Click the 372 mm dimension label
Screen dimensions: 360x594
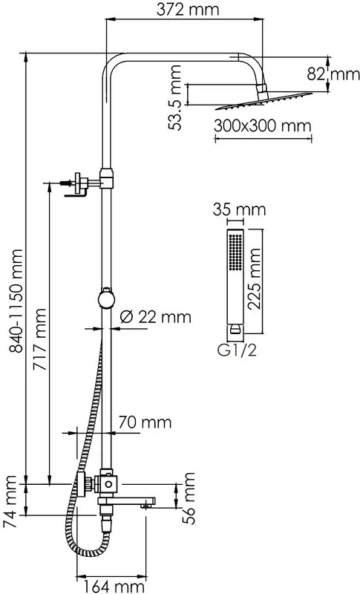pyautogui.click(x=187, y=9)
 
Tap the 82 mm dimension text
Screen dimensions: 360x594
pyautogui.click(x=333, y=74)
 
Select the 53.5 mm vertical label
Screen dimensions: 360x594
pyautogui.click(x=175, y=98)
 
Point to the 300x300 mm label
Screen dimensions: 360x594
pyautogui.click(x=262, y=125)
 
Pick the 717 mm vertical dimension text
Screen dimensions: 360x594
pyautogui.click(x=39, y=340)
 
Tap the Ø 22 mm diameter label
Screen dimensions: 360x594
pyautogui.click(x=156, y=317)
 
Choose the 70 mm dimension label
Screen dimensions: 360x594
pyautogui.click(x=145, y=422)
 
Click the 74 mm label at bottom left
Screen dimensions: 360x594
pyautogui.click(x=10, y=502)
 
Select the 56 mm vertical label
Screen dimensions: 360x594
pyautogui.click(x=188, y=497)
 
